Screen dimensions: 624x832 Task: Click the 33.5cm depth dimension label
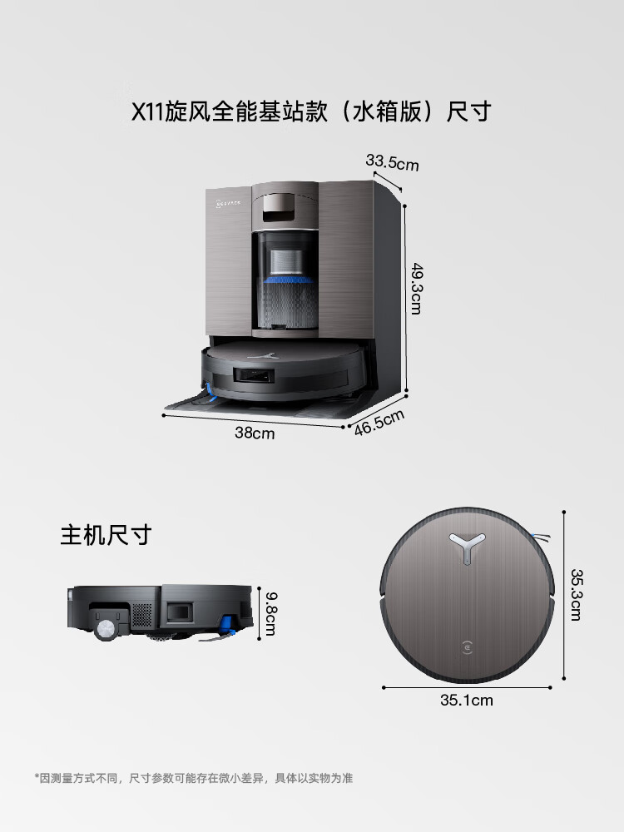click(x=392, y=161)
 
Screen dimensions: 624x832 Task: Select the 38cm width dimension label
click(x=254, y=433)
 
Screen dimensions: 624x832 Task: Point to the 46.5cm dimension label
click(x=379, y=423)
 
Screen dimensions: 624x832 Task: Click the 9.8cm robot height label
click(x=268, y=614)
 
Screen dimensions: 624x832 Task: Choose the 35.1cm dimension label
click(x=466, y=701)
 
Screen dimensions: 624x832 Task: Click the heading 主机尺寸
click(x=105, y=534)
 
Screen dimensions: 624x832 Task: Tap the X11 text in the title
click(x=149, y=111)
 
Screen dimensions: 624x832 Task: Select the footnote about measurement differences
click(x=193, y=778)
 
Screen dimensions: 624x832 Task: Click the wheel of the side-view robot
click(x=106, y=630)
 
